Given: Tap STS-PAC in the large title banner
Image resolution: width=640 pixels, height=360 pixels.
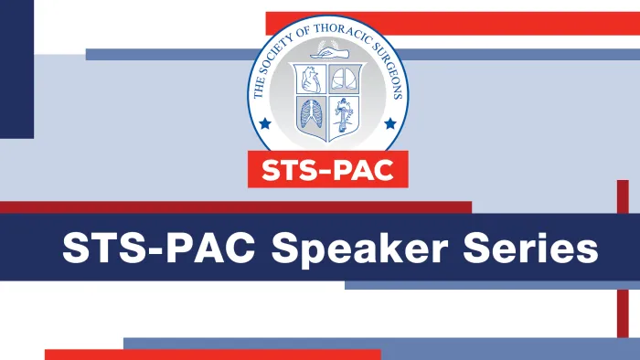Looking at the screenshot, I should click(x=161, y=248).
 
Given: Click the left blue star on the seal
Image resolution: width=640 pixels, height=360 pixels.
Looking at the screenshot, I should click(x=265, y=122).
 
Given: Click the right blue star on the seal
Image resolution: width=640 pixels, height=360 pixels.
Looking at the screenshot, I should click(x=390, y=122).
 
